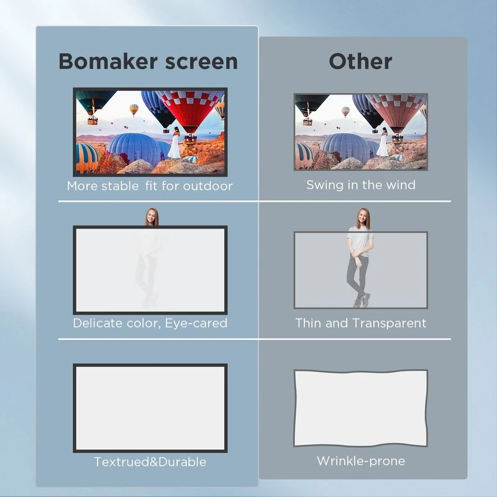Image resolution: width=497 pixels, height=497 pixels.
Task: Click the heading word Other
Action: [x=360, y=62]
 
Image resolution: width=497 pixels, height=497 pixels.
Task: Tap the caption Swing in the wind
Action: [x=360, y=185]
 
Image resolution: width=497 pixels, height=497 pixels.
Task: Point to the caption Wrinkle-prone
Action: [x=360, y=461]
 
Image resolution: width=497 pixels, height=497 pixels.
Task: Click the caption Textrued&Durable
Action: [x=150, y=462]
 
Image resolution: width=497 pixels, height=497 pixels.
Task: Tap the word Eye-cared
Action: [x=196, y=323]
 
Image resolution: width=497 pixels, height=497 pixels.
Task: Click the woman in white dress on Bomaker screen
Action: [x=175, y=144]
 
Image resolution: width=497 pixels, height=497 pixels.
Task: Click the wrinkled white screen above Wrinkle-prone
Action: [x=360, y=408]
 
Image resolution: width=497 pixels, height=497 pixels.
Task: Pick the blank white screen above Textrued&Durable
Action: [x=150, y=408]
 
